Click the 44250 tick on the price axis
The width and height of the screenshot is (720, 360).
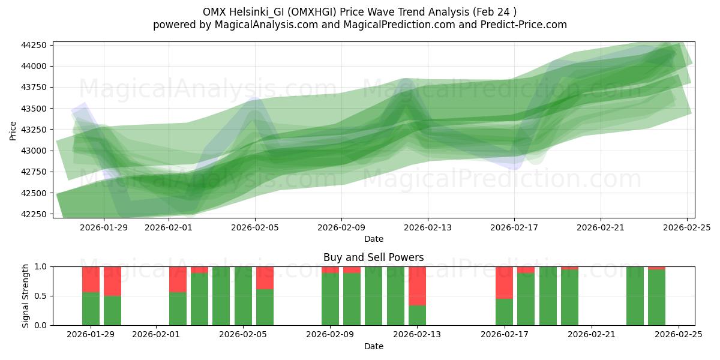(36, 45)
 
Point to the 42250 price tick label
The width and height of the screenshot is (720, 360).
(36, 214)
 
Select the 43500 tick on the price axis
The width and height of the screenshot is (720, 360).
(36, 109)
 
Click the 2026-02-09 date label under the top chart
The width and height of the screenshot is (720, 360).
(341, 227)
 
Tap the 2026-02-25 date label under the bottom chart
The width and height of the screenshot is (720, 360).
(679, 334)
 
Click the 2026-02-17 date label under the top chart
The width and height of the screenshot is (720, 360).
(514, 227)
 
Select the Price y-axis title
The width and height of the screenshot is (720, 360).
(13, 130)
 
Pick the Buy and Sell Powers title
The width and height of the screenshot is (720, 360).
(373, 257)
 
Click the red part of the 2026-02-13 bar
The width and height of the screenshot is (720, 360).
(417, 286)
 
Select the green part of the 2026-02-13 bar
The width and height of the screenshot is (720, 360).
(417, 316)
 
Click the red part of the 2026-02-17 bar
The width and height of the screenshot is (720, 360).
(504, 282)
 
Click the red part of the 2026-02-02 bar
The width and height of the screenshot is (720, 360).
(178, 279)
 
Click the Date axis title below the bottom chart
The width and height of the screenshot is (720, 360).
(373, 346)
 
